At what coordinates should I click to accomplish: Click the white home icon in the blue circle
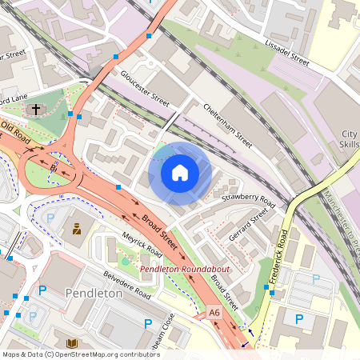(x=180, y=173)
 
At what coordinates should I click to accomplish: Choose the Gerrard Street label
(x=247, y=226)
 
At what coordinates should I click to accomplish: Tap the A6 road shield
(x=213, y=312)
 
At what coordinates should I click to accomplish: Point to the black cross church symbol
(x=35, y=109)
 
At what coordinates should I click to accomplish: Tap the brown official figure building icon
(x=77, y=230)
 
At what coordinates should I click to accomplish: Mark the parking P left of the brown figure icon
(x=50, y=218)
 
